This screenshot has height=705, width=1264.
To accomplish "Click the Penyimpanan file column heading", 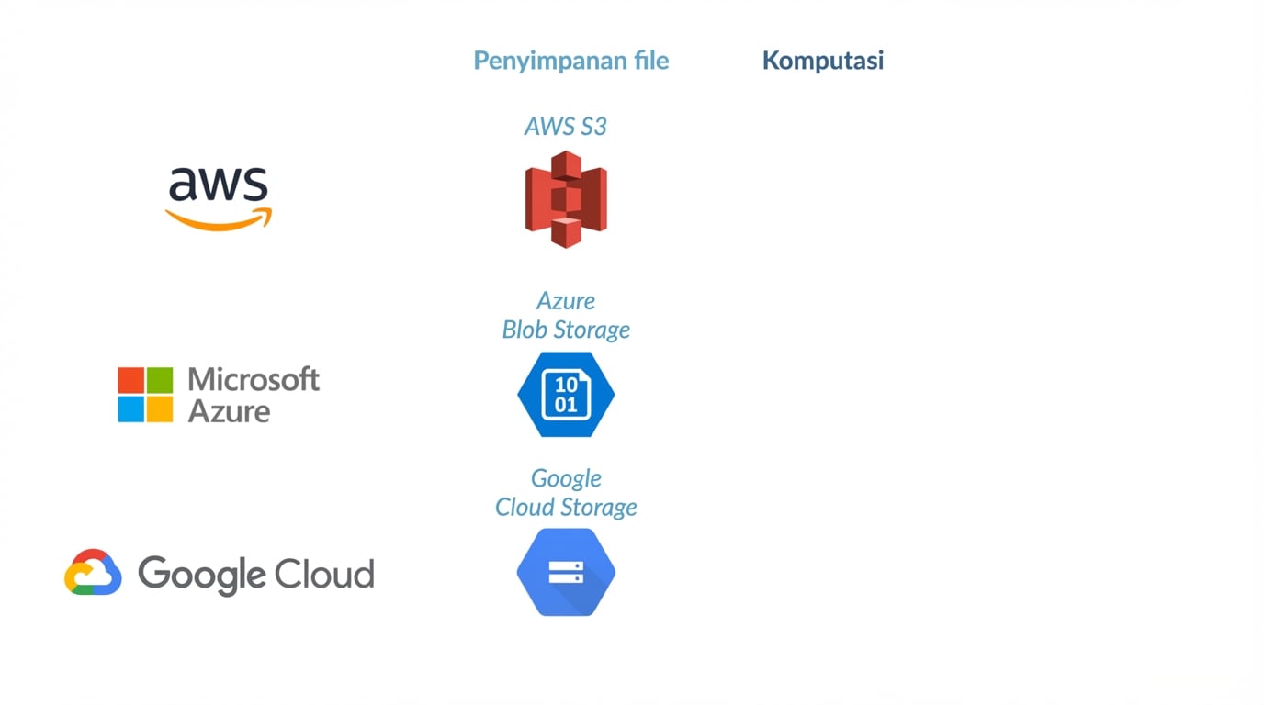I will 570,61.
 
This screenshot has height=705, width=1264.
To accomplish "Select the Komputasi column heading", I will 822,61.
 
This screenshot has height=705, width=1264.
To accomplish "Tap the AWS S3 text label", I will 565,127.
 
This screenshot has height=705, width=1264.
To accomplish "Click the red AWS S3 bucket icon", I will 566,199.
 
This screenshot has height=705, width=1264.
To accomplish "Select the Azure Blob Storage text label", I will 566,315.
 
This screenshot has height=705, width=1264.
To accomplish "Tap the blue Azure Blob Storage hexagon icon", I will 566,395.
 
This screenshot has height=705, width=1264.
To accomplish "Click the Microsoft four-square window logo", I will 145,395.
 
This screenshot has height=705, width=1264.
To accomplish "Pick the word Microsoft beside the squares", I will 254,379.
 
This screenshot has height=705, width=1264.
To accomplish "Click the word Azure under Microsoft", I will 229,410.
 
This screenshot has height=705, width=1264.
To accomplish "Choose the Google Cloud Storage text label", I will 566,493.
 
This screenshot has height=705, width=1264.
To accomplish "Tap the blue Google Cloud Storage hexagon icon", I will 566,573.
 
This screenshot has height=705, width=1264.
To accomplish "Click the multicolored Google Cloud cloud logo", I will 93,573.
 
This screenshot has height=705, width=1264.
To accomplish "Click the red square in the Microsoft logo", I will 131,381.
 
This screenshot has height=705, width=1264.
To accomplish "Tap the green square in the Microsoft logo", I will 159,381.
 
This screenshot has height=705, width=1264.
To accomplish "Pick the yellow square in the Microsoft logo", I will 159,408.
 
